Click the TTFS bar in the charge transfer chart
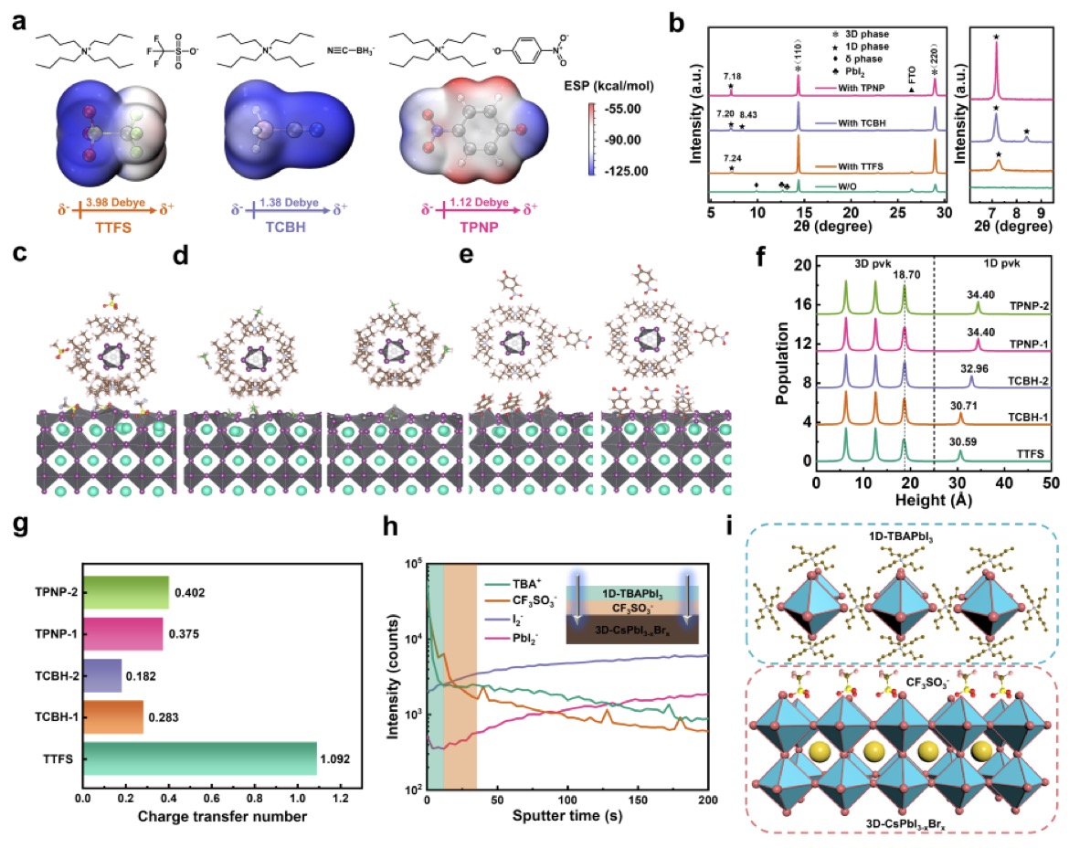(199, 758)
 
